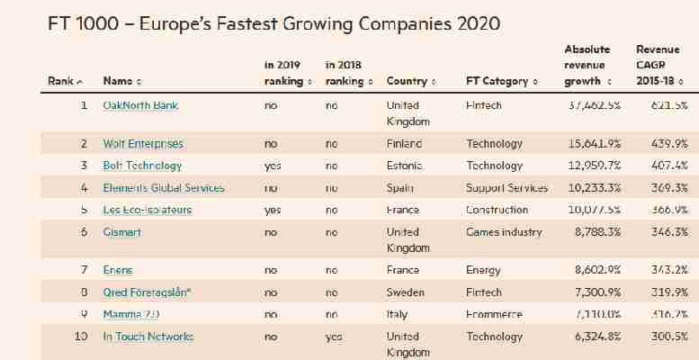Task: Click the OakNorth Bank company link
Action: tap(140, 106)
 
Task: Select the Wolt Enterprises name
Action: tap(143, 143)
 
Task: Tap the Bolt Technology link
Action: tap(142, 166)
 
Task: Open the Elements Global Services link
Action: tap(164, 188)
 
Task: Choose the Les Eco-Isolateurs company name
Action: tap(148, 211)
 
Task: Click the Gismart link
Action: tap(122, 232)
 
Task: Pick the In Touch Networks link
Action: tap(148, 337)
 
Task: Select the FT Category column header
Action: tap(500, 82)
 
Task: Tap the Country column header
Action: tap(410, 82)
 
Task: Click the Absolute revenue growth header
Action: tap(588, 65)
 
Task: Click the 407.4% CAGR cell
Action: tap(668, 166)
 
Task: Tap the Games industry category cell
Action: tap(504, 232)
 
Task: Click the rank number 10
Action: tap(81, 337)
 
